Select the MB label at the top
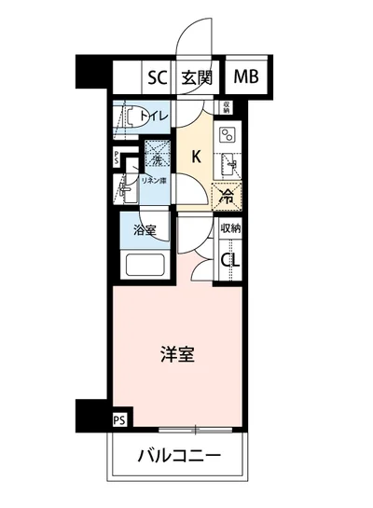(x=245, y=77)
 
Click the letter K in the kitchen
(x=196, y=156)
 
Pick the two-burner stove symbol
(x=227, y=136)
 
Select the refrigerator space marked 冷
(x=226, y=195)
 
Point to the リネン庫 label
(x=154, y=181)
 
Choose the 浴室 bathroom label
(x=144, y=229)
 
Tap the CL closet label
(x=229, y=260)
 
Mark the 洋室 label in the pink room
(x=176, y=355)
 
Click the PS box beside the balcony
(x=118, y=421)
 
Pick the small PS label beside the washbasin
(x=116, y=157)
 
